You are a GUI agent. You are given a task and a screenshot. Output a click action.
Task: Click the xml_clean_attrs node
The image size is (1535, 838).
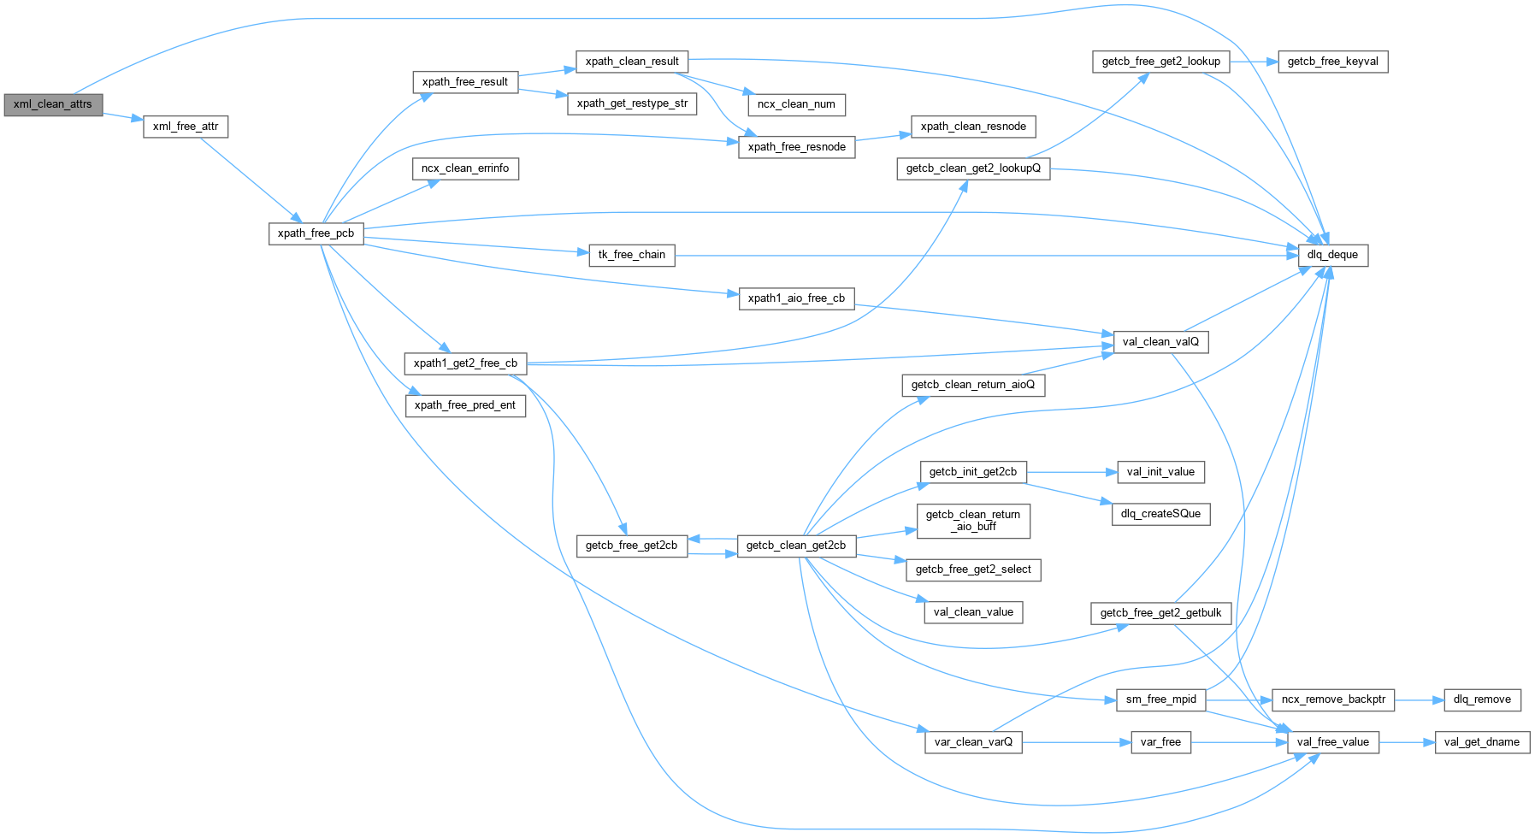pyautogui.click(x=53, y=104)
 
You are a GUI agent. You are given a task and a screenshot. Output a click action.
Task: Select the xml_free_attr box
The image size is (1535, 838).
pyautogui.click(x=186, y=127)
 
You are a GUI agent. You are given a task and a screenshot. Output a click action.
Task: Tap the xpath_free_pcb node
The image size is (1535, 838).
pyautogui.click(x=316, y=233)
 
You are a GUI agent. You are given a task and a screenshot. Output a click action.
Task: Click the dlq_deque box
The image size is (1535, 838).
pyautogui.click(x=1332, y=255)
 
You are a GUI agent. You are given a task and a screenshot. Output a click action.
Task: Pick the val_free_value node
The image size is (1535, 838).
pyautogui.click(x=1332, y=742)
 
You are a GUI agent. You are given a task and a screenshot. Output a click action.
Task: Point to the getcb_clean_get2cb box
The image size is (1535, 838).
pyautogui.click(x=795, y=546)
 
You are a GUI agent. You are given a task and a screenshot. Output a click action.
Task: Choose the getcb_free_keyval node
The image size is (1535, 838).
pyautogui.click(x=1332, y=62)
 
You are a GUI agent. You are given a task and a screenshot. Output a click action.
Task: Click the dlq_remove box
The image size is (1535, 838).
pyautogui.click(x=1482, y=699)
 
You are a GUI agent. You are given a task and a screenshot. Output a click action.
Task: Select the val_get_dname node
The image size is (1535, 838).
pyautogui.click(x=1481, y=742)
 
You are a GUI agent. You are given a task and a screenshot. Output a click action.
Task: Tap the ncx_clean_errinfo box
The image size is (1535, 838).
pyautogui.click(x=465, y=168)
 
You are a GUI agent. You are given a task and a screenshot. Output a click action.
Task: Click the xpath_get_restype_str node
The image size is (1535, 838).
pyautogui.click(x=632, y=103)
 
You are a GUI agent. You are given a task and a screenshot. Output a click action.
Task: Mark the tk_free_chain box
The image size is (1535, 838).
pyautogui.click(x=632, y=255)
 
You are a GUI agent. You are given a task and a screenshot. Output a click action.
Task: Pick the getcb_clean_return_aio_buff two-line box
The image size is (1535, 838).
pyautogui.click(x=973, y=521)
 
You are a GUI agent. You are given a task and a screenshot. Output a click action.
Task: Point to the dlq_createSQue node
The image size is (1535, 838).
pyautogui.click(x=1160, y=514)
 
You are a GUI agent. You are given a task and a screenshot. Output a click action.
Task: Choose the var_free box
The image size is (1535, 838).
pyautogui.click(x=1160, y=742)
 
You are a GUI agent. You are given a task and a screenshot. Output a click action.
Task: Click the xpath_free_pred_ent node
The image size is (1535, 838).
pyautogui.click(x=465, y=405)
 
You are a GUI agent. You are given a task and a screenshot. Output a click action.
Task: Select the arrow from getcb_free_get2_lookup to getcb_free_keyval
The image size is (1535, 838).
pyautogui.click(x=1254, y=62)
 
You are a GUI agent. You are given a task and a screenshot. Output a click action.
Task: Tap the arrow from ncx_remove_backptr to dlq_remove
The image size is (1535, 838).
pyautogui.click(x=1419, y=699)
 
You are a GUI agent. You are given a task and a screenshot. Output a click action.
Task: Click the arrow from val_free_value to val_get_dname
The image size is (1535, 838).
pyautogui.click(x=1406, y=742)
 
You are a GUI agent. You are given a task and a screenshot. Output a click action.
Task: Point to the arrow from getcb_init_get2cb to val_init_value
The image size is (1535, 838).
pyautogui.click(x=1072, y=472)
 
